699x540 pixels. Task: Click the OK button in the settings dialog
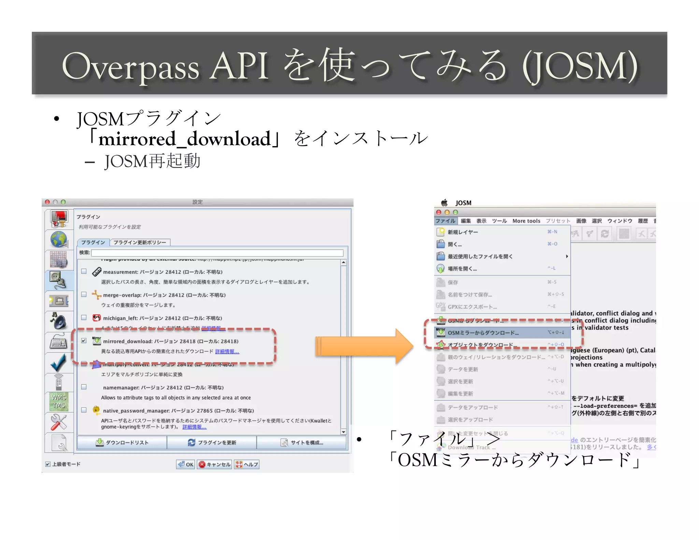186,464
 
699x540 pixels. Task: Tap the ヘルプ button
247,464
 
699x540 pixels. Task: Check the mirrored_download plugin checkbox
84,341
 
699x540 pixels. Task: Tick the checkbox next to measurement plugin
84,271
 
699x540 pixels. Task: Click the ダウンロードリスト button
122,442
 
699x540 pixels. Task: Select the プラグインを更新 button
212,442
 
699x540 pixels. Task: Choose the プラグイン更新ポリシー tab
140,242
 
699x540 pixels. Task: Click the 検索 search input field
217,253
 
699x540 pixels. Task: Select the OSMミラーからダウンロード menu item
483,333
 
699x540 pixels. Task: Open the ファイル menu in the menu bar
445,221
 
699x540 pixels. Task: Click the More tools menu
526,221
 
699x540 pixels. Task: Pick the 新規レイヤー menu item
463,232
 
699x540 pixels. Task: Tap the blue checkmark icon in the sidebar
58,363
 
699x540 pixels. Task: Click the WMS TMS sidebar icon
59,401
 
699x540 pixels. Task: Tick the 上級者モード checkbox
48,464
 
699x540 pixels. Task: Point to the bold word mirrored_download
184,139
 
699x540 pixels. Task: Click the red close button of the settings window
47,202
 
